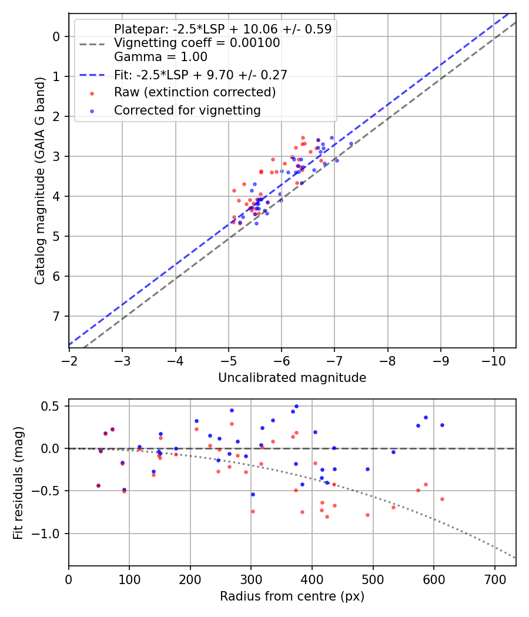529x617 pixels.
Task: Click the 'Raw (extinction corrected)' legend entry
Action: [x=195, y=92]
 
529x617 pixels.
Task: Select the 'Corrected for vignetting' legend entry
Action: [x=188, y=110]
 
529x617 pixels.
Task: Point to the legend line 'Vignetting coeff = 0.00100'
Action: [x=197, y=43]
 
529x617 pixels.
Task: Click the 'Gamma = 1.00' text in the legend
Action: [x=160, y=57]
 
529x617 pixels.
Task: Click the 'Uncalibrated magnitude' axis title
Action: [x=292, y=378]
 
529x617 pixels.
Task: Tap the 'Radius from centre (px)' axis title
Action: [x=292, y=596]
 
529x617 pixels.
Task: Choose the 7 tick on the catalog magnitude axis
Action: [x=56, y=317]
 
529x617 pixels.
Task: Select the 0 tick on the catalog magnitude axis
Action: [x=56, y=36]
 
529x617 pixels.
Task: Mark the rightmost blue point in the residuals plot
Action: [x=442, y=425]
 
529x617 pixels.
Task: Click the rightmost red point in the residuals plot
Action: [x=442, y=499]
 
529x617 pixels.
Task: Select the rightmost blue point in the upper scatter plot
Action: [x=351, y=143]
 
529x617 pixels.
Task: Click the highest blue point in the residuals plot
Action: [x=296, y=406]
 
